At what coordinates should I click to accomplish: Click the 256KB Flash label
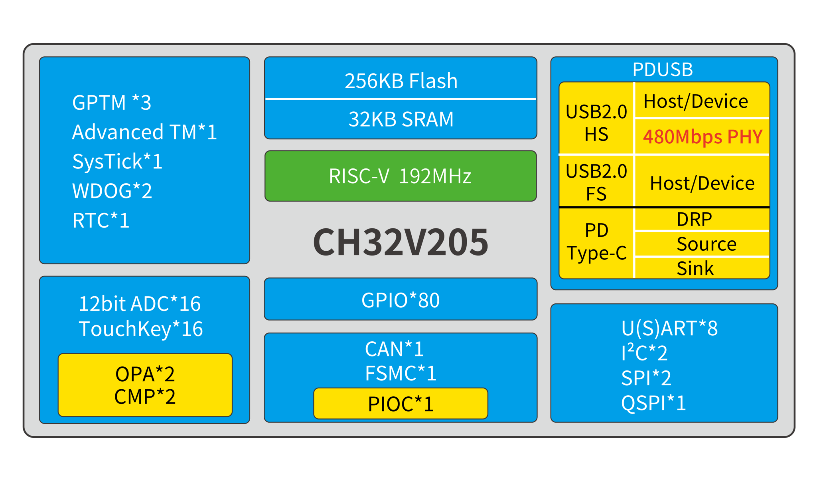pyautogui.click(x=401, y=81)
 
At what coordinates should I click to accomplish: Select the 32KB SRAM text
pyautogui.click(x=401, y=119)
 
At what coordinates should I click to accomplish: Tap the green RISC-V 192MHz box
pyautogui.click(x=401, y=176)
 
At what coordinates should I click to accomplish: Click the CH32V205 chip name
pyautogui.click(x=401, y=242)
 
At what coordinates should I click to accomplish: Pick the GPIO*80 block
pyautogui.click(x=401, y=300)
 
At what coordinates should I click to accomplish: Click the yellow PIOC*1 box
pyautogui.click(x=401, y=404)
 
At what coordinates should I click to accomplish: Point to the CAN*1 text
pyautogui.click(x=394, y=349)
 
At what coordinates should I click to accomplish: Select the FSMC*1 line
pyautogui.click(x=401, y=373)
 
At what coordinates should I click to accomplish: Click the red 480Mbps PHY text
pyautogui.click(x=703, y=137)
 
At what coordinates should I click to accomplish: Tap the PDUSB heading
pyautogui.click(x=663, y=69)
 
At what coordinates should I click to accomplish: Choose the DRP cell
pyautogui.click(x=694, y=219)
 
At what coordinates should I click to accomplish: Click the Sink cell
pyautogui.click(x=695, y=268)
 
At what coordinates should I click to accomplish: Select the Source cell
pyautogui.click(x=706, y=243)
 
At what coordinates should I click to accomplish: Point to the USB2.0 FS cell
pyautogui.click(x=596, y=182)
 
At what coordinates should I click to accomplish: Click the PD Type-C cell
pyautogui.click(x=596, y=241)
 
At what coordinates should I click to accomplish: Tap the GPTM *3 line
pyautogui.click(x=112, y=103)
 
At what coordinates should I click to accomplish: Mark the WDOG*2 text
pyautogui.click(x=112, y=191)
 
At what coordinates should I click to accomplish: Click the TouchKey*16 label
pyautogui.click(x=141, y=329)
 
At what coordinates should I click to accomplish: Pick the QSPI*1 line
pyautogui.click(x=653, y=403)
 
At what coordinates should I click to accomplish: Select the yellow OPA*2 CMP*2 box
pyautogui.click(x=145, y=385)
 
